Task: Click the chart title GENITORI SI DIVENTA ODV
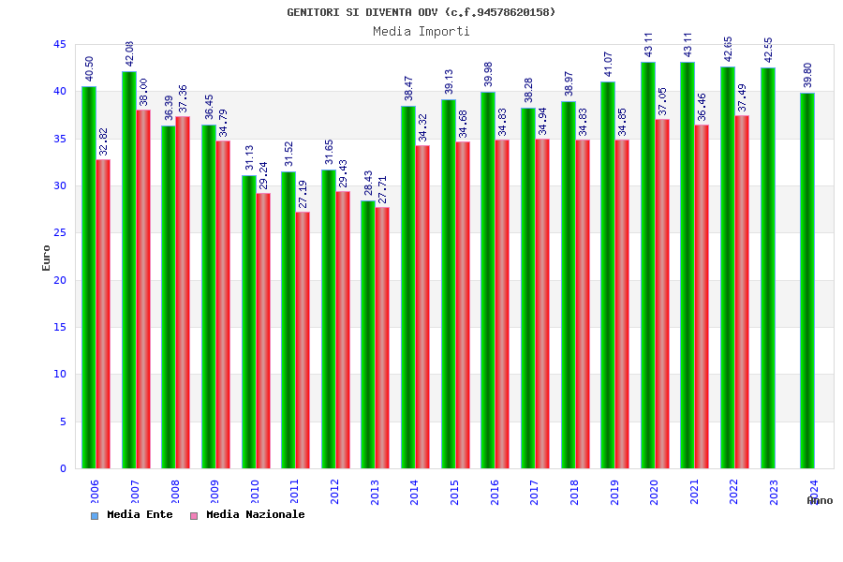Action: pos(421,12)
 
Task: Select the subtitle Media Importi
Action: pos(421,31)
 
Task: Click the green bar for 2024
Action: pos(807,280)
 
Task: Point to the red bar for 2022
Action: pos(742,291)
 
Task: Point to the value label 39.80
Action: pos(807,76)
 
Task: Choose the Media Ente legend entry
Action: pos(132,514)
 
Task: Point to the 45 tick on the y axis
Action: pos(59,45)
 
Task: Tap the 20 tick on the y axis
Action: pos(59,280)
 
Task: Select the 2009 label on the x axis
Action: pos(214,493)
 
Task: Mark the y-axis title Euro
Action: pos(47,258)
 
